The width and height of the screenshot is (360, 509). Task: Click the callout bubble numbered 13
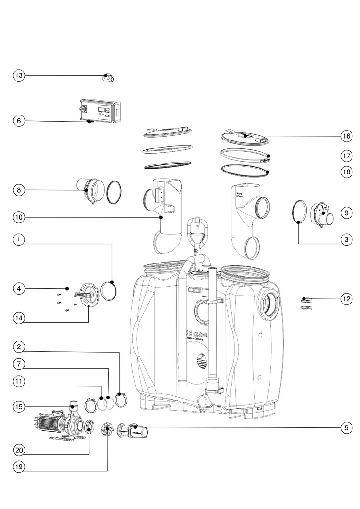[18, 75]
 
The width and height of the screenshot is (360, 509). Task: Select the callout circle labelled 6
[18, 121]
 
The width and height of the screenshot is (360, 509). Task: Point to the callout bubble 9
[346, 213]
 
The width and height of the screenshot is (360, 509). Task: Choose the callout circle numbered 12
[346, 298]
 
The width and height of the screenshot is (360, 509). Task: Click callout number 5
[346, 428]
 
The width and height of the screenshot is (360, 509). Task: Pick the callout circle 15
[18, 407]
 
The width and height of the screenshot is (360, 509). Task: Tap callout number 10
[18, 217]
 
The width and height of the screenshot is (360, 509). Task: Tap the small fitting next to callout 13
[108, 78]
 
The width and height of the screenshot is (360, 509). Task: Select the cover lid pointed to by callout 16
[245, 137]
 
